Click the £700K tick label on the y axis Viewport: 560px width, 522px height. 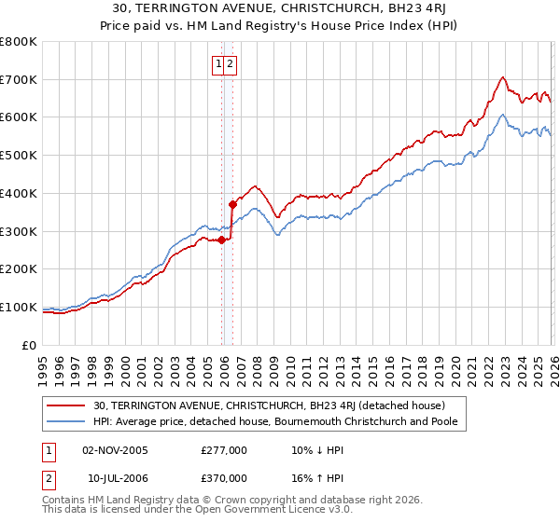point(19,80)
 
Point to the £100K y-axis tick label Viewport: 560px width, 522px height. point(19,307)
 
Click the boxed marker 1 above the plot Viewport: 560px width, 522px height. point(218,64)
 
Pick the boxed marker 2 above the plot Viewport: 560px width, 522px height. point(230,64)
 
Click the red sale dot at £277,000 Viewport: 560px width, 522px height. point(221,240)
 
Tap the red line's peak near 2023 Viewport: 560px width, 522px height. point(502,77)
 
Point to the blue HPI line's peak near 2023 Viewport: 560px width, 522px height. point(502,115)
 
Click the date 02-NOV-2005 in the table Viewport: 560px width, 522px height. point(116,449)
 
